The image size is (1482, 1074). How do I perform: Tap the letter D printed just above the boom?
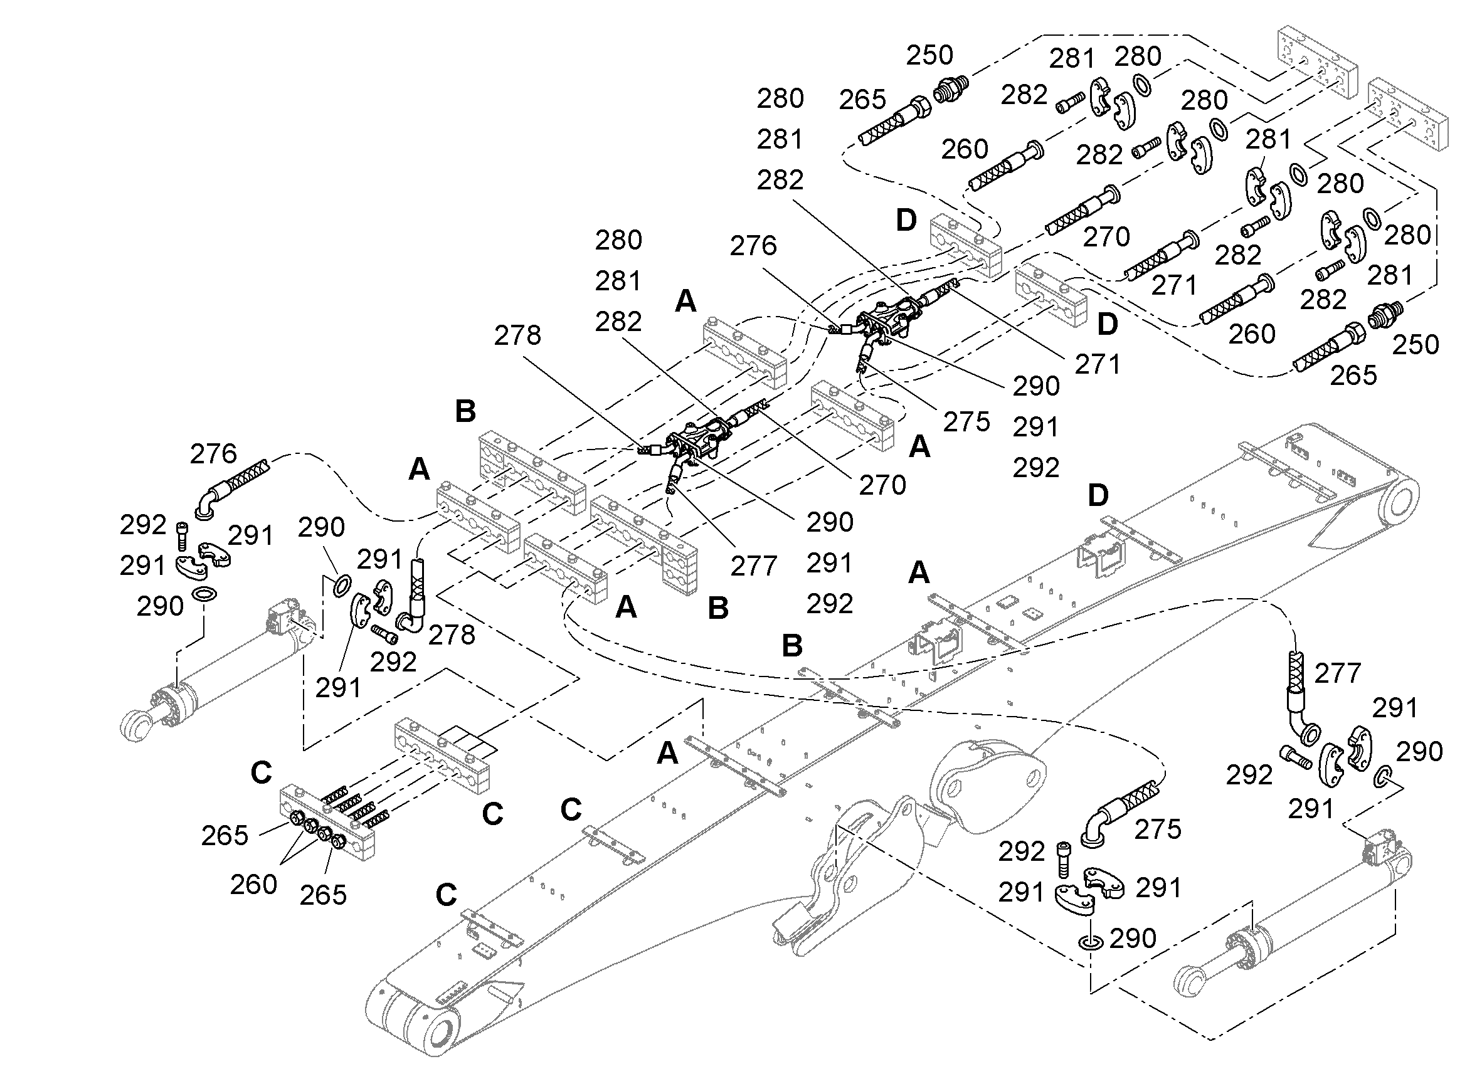(x=1098, y=495)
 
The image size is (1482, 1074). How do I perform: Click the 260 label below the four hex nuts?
(x=253, y=885)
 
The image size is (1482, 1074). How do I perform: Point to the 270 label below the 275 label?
(x=882, y=485)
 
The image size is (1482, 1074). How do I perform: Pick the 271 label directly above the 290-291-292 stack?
(x=1098, y=364)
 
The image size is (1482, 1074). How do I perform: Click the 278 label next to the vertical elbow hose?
(x=452, y=635)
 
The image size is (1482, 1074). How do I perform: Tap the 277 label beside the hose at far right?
(x=1338, y=673)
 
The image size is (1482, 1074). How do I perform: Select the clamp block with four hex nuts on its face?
(x=327, y=823)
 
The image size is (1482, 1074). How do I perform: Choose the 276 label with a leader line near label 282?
(x=753, y=246)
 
